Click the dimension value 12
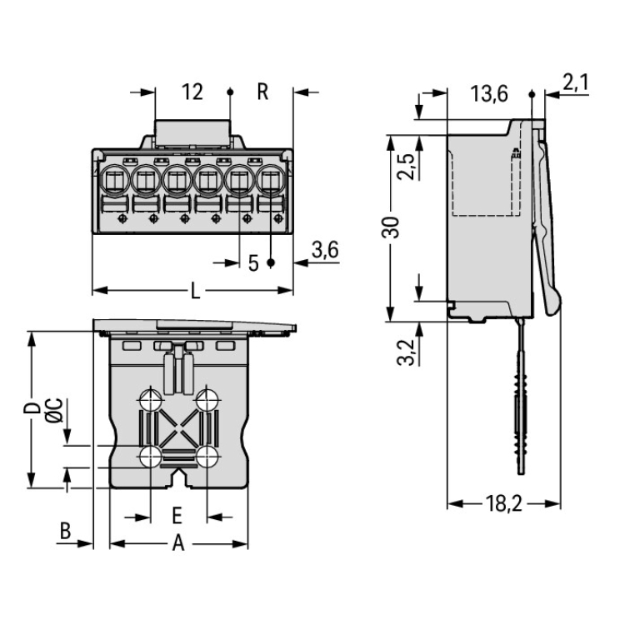192,92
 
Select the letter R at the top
262,92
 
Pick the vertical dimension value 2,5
406,167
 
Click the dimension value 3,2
406,352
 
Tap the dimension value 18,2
504,503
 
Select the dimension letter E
177,513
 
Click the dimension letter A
177,544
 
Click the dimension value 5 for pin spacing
253,264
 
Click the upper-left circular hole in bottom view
151,400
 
